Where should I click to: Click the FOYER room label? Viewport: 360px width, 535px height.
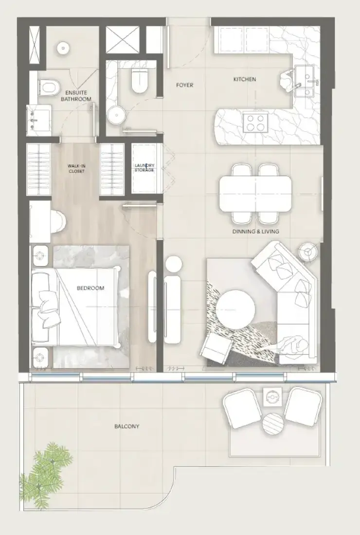(184, 85)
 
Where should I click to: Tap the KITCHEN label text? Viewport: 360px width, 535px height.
(245, 79)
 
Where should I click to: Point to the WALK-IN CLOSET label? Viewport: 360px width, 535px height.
(76, 169)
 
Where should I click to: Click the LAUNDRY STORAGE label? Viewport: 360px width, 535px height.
(144, 168)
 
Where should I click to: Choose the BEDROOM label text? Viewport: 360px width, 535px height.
(90, 288)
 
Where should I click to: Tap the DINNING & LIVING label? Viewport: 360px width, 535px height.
(256, 232)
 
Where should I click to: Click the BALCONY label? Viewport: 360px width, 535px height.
(127, 426)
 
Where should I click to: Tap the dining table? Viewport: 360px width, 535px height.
(255, 194)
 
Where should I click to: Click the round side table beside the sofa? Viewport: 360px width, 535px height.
(308, 252)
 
